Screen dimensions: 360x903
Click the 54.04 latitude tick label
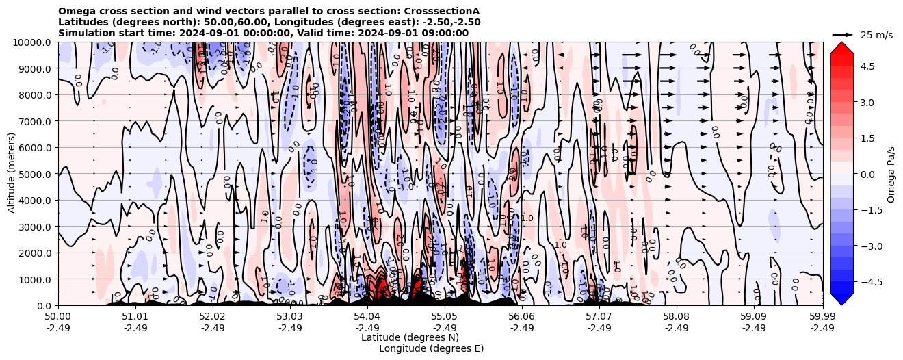point(367,317)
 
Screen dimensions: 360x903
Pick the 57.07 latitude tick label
point(599,317)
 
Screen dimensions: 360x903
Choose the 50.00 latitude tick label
point(58,317)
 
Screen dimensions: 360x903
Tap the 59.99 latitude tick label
point(822,317)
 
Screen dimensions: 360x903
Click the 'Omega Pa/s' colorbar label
point(891,174)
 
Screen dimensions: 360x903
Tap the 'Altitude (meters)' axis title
point(12,174)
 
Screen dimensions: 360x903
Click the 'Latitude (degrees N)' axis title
point(410,337)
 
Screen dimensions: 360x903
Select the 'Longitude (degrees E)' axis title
point(431,348)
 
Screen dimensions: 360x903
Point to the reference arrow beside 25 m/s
point(843,34)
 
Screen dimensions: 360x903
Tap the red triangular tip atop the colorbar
point(841,47)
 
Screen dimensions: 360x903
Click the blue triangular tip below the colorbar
point(841,299)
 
